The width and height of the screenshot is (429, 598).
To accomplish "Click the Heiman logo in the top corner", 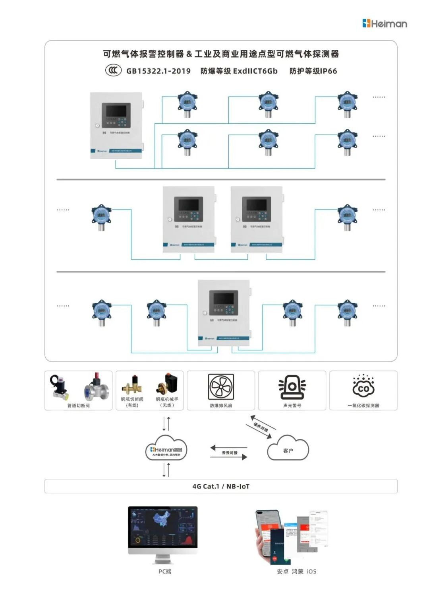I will [385, 23].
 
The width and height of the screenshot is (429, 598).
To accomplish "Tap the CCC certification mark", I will [113, 70].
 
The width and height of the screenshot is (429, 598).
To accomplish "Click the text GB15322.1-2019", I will [158, 71].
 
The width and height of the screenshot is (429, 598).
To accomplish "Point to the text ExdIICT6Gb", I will [255, 71].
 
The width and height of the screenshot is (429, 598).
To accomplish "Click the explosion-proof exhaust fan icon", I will [221, 386].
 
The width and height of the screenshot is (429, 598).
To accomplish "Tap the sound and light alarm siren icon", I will [292, 386].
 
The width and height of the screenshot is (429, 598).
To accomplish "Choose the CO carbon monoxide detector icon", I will [363, 386].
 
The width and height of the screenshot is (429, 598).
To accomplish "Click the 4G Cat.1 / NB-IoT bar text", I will [221, 486].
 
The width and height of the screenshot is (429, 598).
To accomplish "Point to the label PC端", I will [165, 571].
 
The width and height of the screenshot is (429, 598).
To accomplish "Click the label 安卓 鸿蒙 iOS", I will [297, 571].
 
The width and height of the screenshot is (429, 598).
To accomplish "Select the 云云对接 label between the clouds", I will [230, 453].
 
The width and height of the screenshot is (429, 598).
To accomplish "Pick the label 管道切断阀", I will [78, 406].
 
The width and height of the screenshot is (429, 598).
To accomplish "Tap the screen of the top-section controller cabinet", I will [116, 110].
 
